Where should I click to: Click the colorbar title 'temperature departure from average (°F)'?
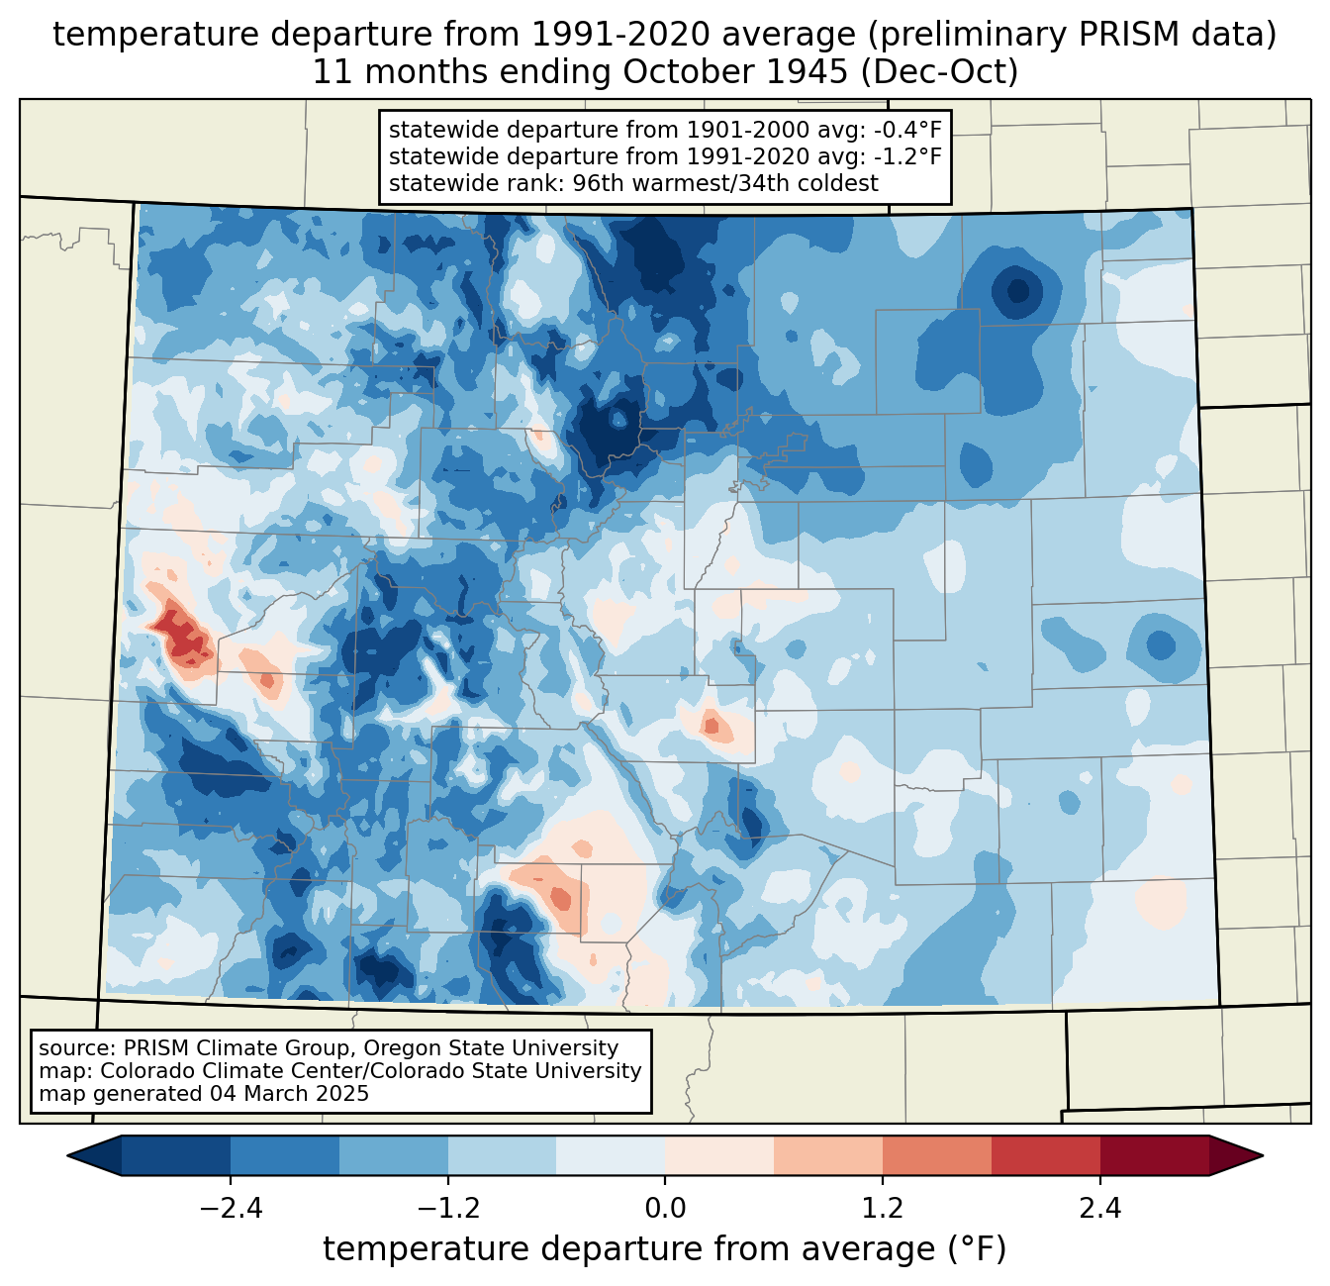pyautogui.click(x=664, y=1248)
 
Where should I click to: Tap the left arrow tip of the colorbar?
pyautogui.click(x=67, y=1156)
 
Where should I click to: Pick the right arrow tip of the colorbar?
pyautogui.click(x=1263, y=1156)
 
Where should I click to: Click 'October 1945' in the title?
pyautogui.click(x=735, y=72)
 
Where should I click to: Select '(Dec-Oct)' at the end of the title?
pyautogui.click(x=939, y=72)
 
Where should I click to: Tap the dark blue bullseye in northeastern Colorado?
pyautogui.click(x=1017, y=291)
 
